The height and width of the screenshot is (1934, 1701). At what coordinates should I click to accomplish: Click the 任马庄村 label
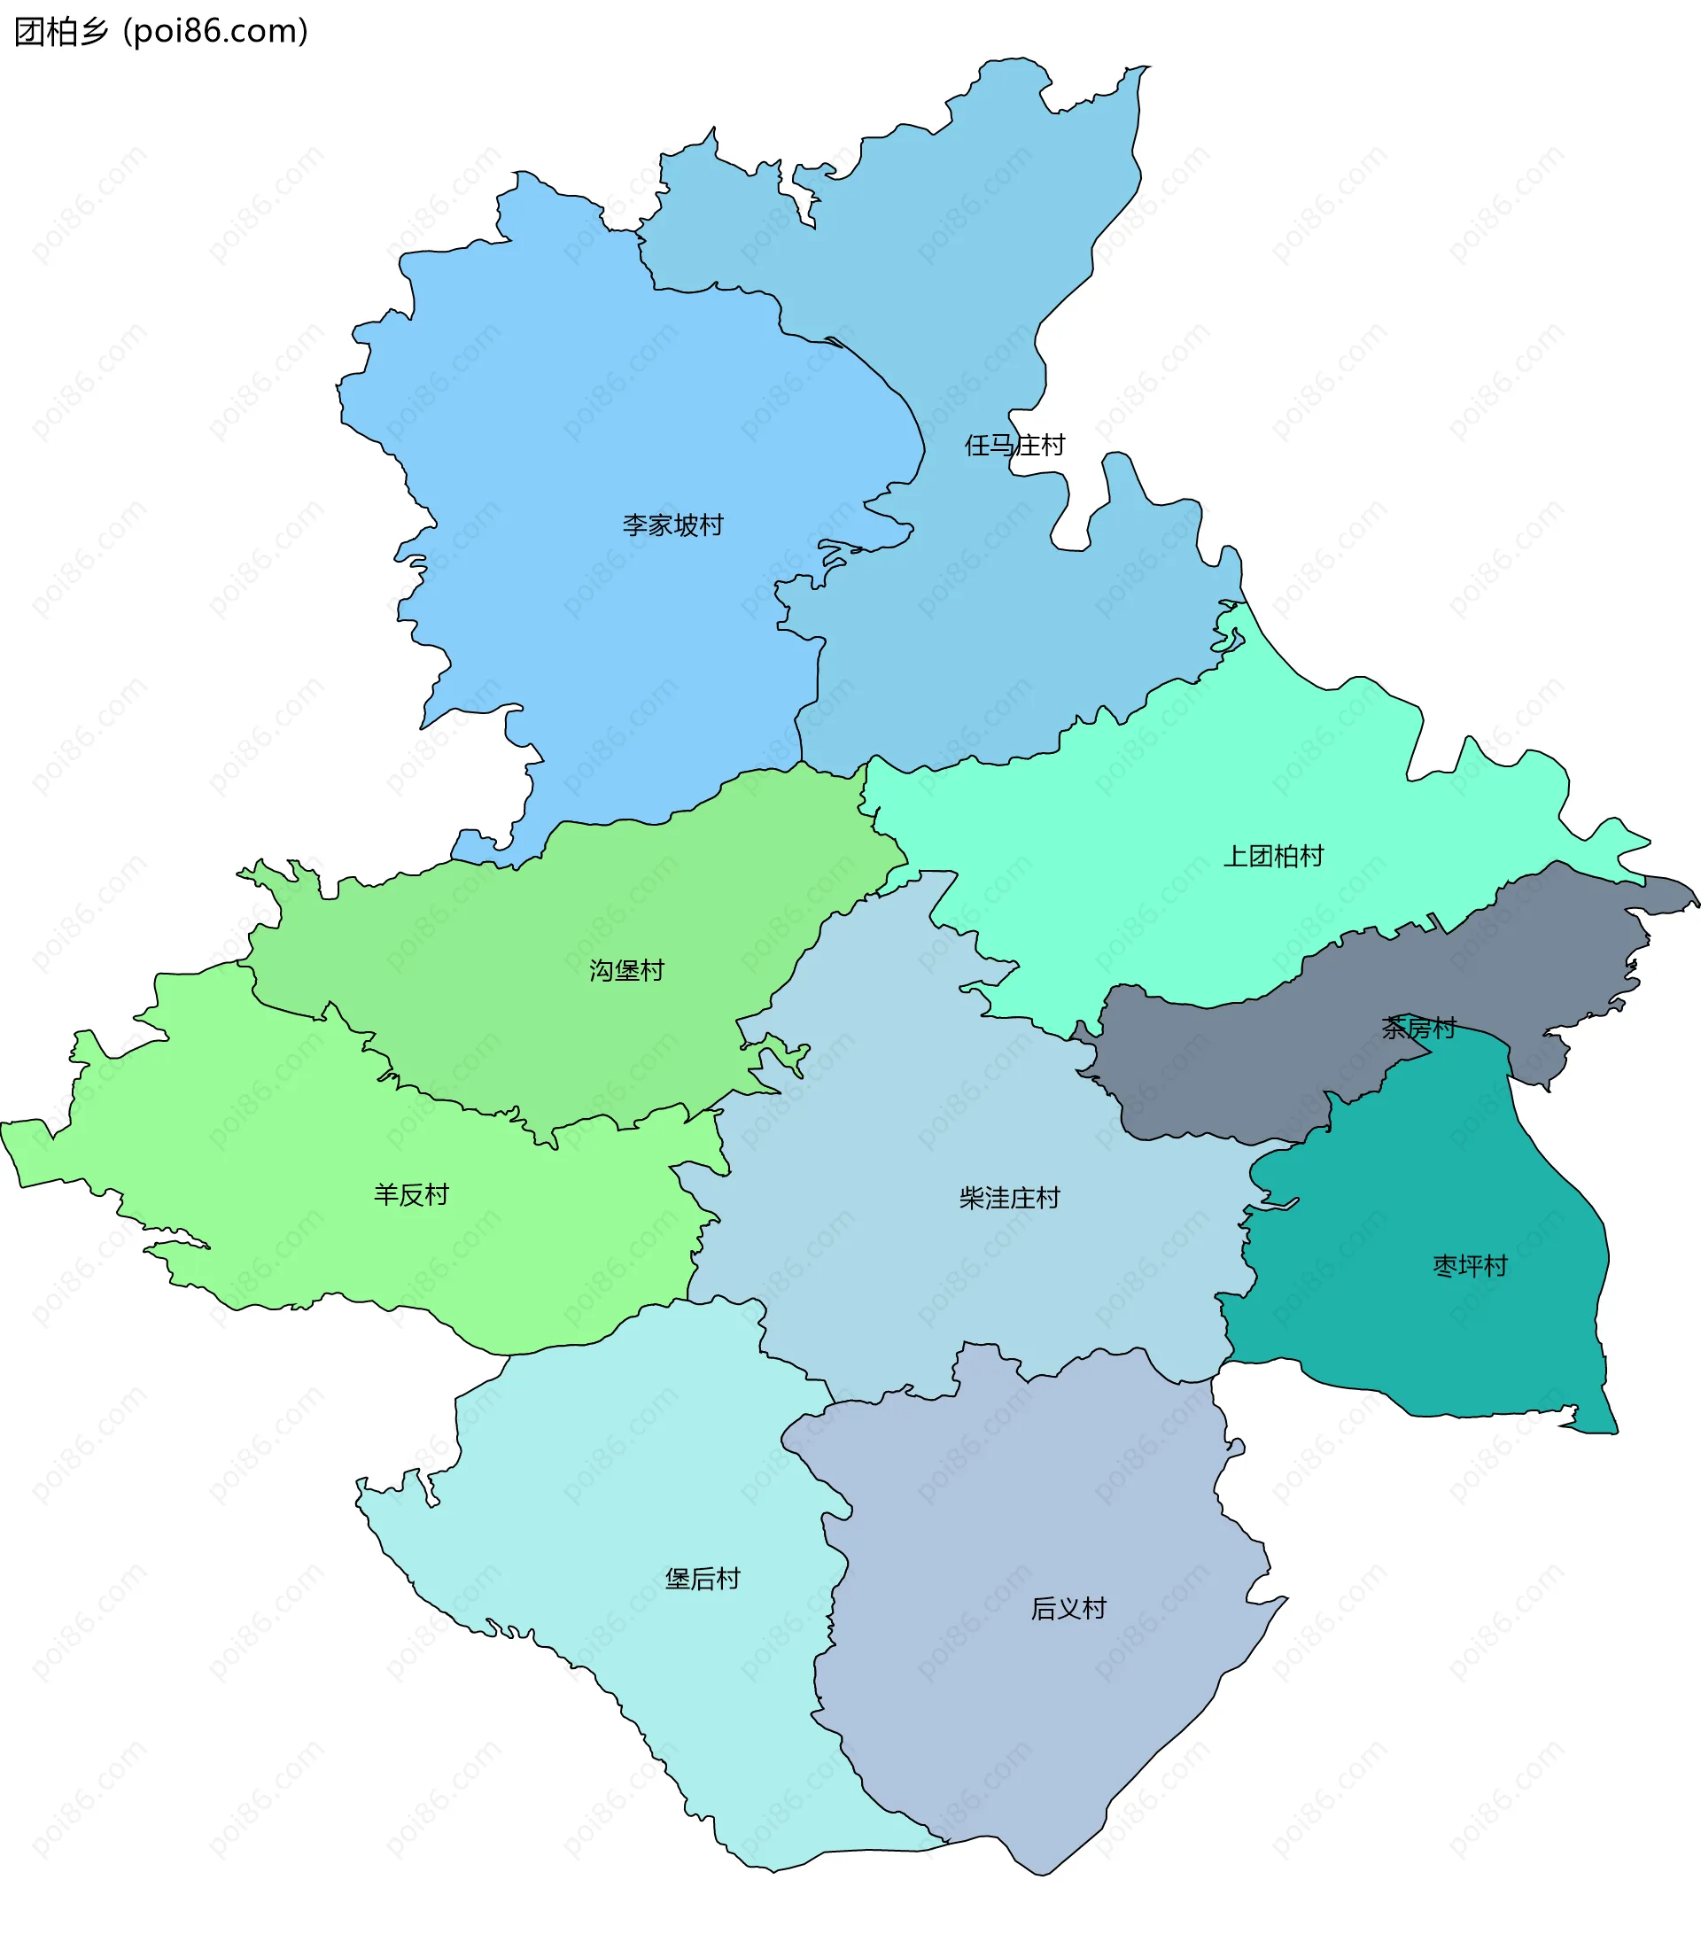(1014, 445)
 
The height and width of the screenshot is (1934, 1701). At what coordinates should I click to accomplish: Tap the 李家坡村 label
(672, 524)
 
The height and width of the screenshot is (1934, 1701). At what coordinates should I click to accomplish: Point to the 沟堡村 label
(626, 970)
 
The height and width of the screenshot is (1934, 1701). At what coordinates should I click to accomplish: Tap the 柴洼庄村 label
(1009, 1198)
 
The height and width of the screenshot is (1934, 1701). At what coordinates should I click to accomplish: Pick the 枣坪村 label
(1469, 1265)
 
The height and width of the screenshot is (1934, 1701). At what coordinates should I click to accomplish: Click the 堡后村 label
(702, 1578)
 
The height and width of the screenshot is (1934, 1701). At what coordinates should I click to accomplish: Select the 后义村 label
(1068, 1608)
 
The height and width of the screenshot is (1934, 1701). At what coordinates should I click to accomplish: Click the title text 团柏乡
(61, 32)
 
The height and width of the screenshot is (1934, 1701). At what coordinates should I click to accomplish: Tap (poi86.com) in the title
(215, 32)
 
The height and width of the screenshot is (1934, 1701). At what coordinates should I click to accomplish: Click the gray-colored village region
(1230, 1069)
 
